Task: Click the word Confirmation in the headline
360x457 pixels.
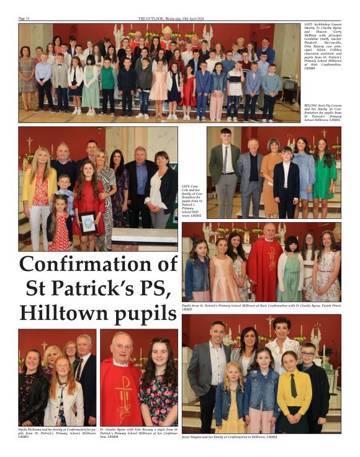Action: coord(98,265)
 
